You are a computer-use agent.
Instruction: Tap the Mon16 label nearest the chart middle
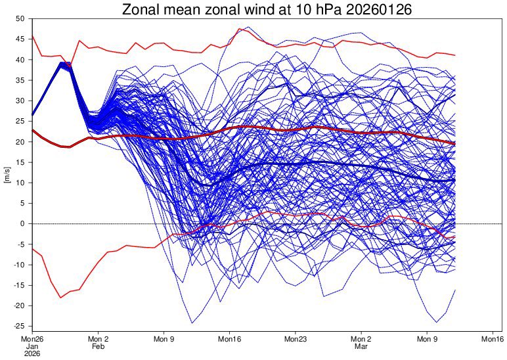coord(230,340)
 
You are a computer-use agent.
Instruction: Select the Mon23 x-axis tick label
coord(296,340)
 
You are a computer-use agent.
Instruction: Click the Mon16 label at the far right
coord(493,340)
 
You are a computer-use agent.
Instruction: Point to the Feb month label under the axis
coord(98,346)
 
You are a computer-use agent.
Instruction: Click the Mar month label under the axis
coord(361,346)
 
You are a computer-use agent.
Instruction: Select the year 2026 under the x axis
coord(32,353)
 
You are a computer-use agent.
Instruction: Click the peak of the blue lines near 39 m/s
coord(62,64)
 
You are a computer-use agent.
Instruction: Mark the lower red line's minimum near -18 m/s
coord(60,298)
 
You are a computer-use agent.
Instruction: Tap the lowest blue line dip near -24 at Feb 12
coord(192,323)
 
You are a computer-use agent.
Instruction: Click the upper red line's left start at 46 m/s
coord(33,35)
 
